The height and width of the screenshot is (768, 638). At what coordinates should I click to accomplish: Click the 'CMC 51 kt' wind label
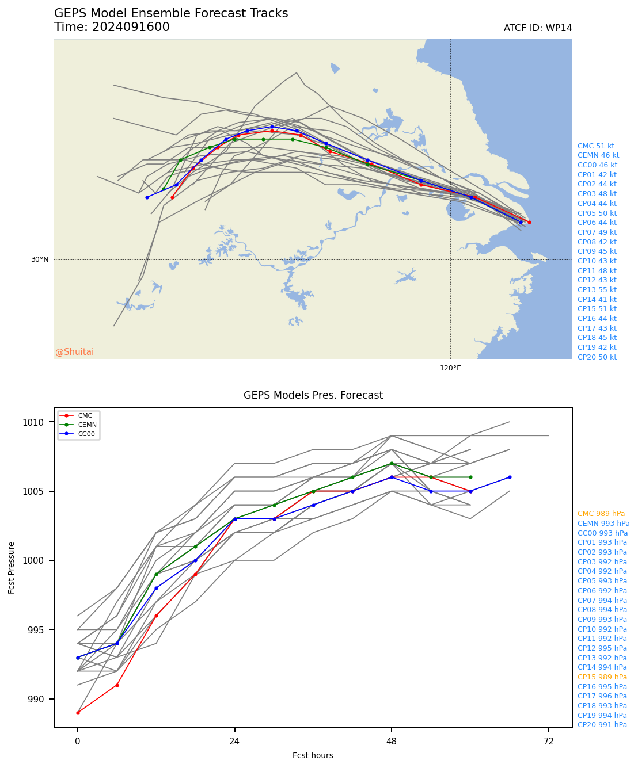tap(595, 146)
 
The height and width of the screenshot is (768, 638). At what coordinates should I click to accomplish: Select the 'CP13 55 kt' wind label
tap(597, 290)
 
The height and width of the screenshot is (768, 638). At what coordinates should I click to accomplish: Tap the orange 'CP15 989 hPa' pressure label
tap(602, 677)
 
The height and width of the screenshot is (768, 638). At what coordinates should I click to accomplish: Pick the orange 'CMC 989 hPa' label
tap(601, 514)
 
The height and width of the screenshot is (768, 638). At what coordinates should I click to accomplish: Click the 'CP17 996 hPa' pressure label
tap(602, 696)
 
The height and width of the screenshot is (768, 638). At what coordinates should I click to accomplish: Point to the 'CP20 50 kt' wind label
tap(597, 357)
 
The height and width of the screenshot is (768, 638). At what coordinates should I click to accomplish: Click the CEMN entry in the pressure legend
tap(87, 425)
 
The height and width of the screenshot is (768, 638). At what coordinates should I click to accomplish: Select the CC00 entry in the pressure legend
tap(86, 434)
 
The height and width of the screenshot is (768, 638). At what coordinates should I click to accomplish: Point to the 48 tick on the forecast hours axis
tap(392, 742)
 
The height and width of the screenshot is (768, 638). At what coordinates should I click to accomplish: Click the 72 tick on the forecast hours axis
tap(549, 742)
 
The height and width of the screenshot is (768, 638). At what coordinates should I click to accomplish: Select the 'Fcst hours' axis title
tap(313, 755)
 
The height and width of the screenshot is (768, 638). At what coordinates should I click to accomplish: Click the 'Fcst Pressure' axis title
tap(12, 567)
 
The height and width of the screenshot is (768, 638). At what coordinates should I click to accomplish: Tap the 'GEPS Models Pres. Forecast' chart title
tap(313, 395)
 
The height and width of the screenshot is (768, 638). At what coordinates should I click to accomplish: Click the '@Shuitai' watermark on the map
tap(74, 352)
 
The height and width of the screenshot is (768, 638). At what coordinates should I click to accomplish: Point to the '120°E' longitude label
tap(450, 368)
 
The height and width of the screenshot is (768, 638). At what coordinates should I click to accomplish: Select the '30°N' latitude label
tap(40, 259)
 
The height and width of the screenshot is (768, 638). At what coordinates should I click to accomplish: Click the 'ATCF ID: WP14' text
tap(537, 28)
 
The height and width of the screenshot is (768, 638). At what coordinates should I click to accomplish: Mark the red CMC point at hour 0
tap(78, 713)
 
